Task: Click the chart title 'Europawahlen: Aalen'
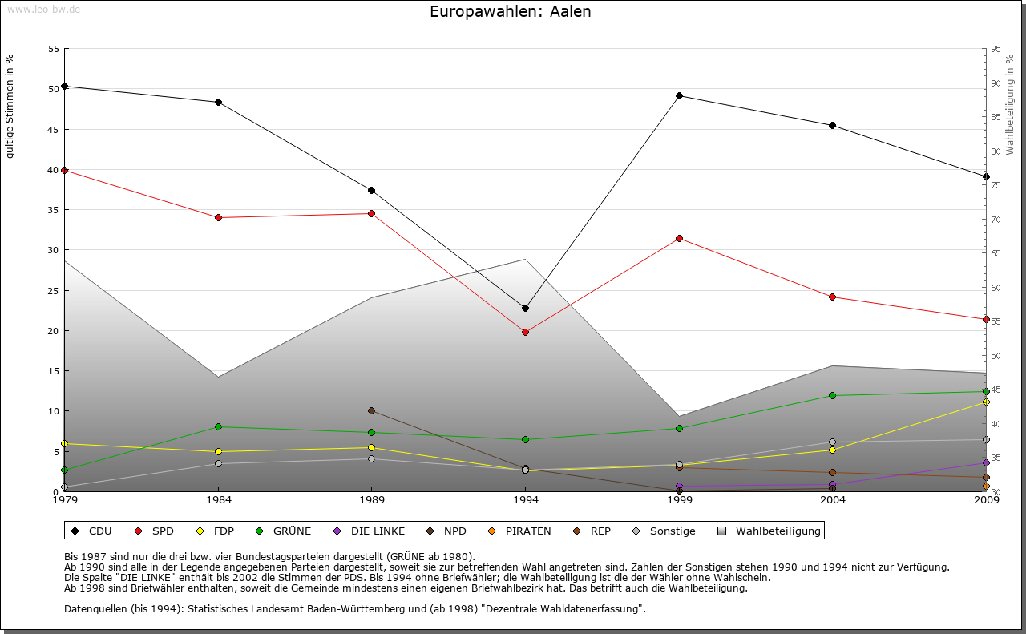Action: pos(511,12)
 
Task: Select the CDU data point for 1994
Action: pos(525,308)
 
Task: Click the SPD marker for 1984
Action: pos(218,217)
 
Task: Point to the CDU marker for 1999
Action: pos(679,95)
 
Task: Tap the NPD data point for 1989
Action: pos(371,410)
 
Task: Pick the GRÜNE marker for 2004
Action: pos(832,395)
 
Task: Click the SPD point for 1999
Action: pos(679,238)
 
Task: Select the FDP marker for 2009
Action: pos(986,402)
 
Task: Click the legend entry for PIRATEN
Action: pos(520,531)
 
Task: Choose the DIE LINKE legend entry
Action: pos(370,531)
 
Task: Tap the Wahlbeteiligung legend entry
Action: pos(769,531)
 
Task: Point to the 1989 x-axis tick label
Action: pos(372,501)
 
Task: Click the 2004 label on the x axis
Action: pos(833,501)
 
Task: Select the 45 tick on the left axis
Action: pos(54,129)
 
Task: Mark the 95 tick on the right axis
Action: pos(996,49)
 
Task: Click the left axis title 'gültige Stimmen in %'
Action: pos(10,106)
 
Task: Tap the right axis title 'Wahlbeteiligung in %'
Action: pos(1010,104)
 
